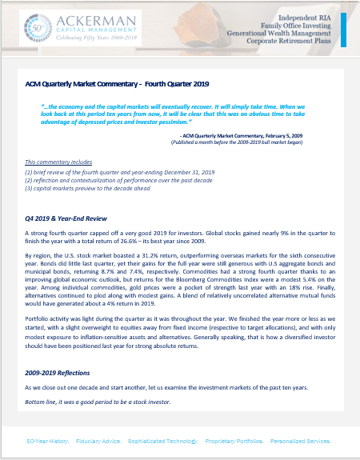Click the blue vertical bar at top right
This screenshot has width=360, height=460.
tap(343, 31)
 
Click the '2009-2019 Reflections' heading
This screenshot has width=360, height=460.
tap(58, 373)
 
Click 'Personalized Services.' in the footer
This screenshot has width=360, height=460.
tap(308, 441)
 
